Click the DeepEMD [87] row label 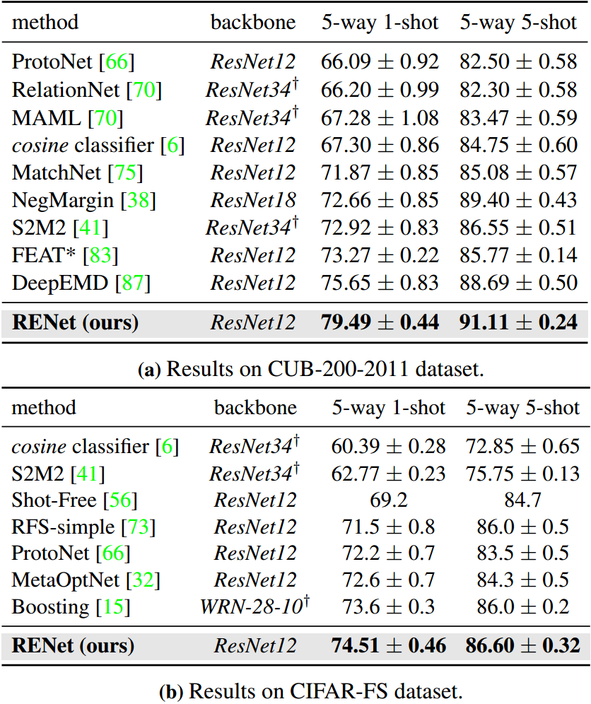tap(81, 283)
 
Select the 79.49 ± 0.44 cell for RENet tap(380, 323)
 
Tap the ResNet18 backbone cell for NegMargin tap(252, 201)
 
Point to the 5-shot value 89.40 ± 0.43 tap(518, 201)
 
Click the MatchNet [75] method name tap(77, 173)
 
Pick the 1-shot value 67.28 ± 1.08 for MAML tap(380, 118)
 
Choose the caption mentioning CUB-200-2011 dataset tap(295, 369)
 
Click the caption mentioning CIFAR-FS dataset tap(295, 689)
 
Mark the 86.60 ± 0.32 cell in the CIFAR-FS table tap(522, 645)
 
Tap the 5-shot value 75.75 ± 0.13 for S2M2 tap(522, 474)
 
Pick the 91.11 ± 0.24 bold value tap(518, 323)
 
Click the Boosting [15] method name tap(70, 607)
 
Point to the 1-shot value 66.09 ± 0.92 tap(380, 61)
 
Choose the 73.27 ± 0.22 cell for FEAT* tap(380, 256)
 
